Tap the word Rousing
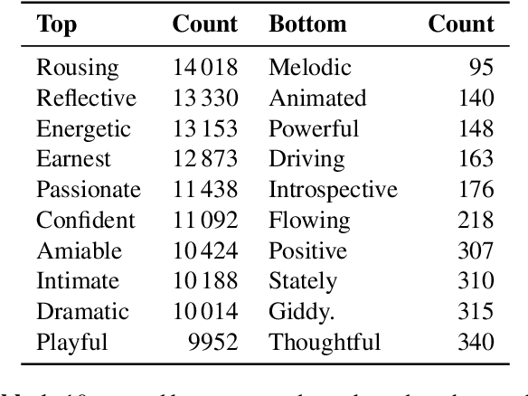point(77,68)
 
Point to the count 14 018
point(204,68)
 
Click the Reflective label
point(86,98)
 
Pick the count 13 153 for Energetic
point(204,128)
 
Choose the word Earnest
point(73,159)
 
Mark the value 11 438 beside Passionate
point(204,190)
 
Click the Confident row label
point(85,221)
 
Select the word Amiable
point(78,250)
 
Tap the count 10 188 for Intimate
point(204,281)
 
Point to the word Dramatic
point(81,312)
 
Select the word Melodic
point(309,68)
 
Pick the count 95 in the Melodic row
point(482,68)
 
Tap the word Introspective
point(333,190)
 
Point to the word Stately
point(303,281)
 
